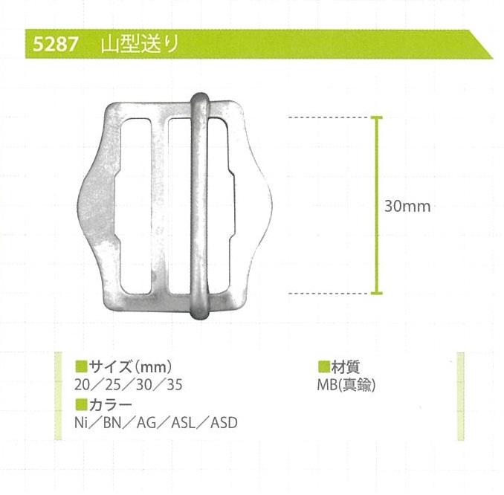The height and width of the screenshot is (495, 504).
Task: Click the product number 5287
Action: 55,44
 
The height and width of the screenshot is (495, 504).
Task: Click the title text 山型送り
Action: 140,44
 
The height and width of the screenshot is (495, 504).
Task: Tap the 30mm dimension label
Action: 407,206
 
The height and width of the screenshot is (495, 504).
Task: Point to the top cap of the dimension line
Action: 377,117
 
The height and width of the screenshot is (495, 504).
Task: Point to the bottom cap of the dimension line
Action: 377,293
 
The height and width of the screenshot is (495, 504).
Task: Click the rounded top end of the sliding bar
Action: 200,98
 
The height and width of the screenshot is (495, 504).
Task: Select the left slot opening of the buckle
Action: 135,206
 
